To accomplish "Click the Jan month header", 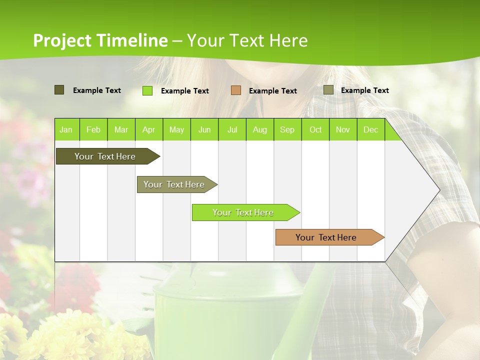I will [66, 129].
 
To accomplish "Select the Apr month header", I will [148, 129].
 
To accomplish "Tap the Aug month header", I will [259, 129].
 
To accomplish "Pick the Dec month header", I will [370, 129].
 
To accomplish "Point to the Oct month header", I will [315, 129].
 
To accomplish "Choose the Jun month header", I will [204, 129].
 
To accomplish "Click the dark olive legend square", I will [59, 90].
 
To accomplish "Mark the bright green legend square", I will [147, 90].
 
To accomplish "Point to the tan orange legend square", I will [235, 90].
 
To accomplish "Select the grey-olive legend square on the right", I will [328, 90].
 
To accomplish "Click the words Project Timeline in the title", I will [100, 40].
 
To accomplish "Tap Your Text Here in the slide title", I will [247, 40].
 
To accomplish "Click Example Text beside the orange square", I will [272, 91].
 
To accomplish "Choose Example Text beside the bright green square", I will [184, 91].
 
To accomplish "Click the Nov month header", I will [342, 129].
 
